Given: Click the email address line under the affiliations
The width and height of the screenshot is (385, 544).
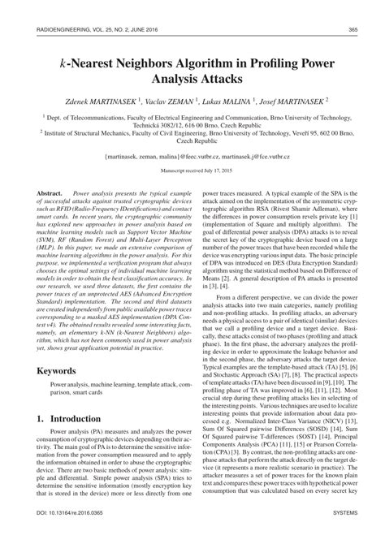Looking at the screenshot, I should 192,153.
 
